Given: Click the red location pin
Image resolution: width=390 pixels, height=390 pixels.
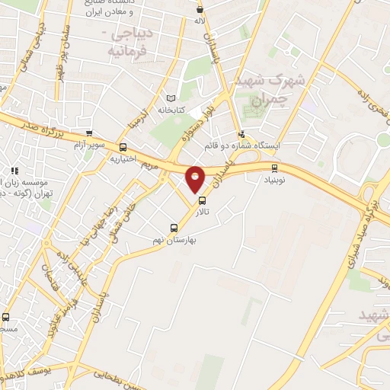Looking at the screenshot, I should (195, 178).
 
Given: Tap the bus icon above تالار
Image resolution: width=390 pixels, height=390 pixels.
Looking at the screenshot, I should (202, 201).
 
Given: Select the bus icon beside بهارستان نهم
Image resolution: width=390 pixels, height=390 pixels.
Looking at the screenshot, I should (174, 228).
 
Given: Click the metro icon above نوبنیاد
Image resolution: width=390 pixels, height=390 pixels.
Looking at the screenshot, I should (275, 168).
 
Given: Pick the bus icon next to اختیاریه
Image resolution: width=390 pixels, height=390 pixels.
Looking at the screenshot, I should (123, 148).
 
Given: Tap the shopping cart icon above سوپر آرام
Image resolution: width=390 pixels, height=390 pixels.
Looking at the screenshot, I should (90, 133).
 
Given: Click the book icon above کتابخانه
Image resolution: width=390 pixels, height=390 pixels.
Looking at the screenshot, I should (171, 98).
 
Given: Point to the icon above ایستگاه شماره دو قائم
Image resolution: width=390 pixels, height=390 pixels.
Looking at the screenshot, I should (241, 133).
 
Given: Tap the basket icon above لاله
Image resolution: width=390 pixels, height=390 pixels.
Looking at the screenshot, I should (200, 10).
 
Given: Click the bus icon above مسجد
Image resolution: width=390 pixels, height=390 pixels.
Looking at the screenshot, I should (6, 317).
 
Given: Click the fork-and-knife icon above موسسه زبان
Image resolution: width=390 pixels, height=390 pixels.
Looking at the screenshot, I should (14, 170).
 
